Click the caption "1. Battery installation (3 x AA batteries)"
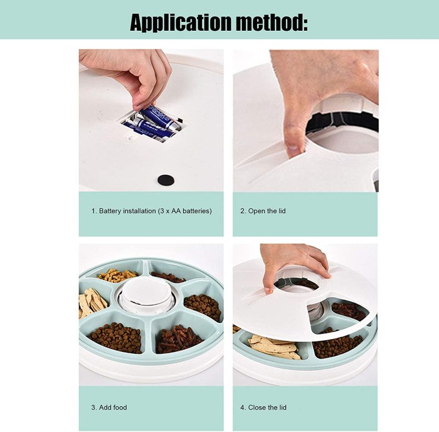tap(151, 211)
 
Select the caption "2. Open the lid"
tap(263, 211)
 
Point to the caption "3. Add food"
tap(109, 407)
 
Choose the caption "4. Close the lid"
tap(263, 407)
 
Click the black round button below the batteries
tap(166, 180)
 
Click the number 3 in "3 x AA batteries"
tap(162, 211)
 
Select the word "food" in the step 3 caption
tap(120, 407)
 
